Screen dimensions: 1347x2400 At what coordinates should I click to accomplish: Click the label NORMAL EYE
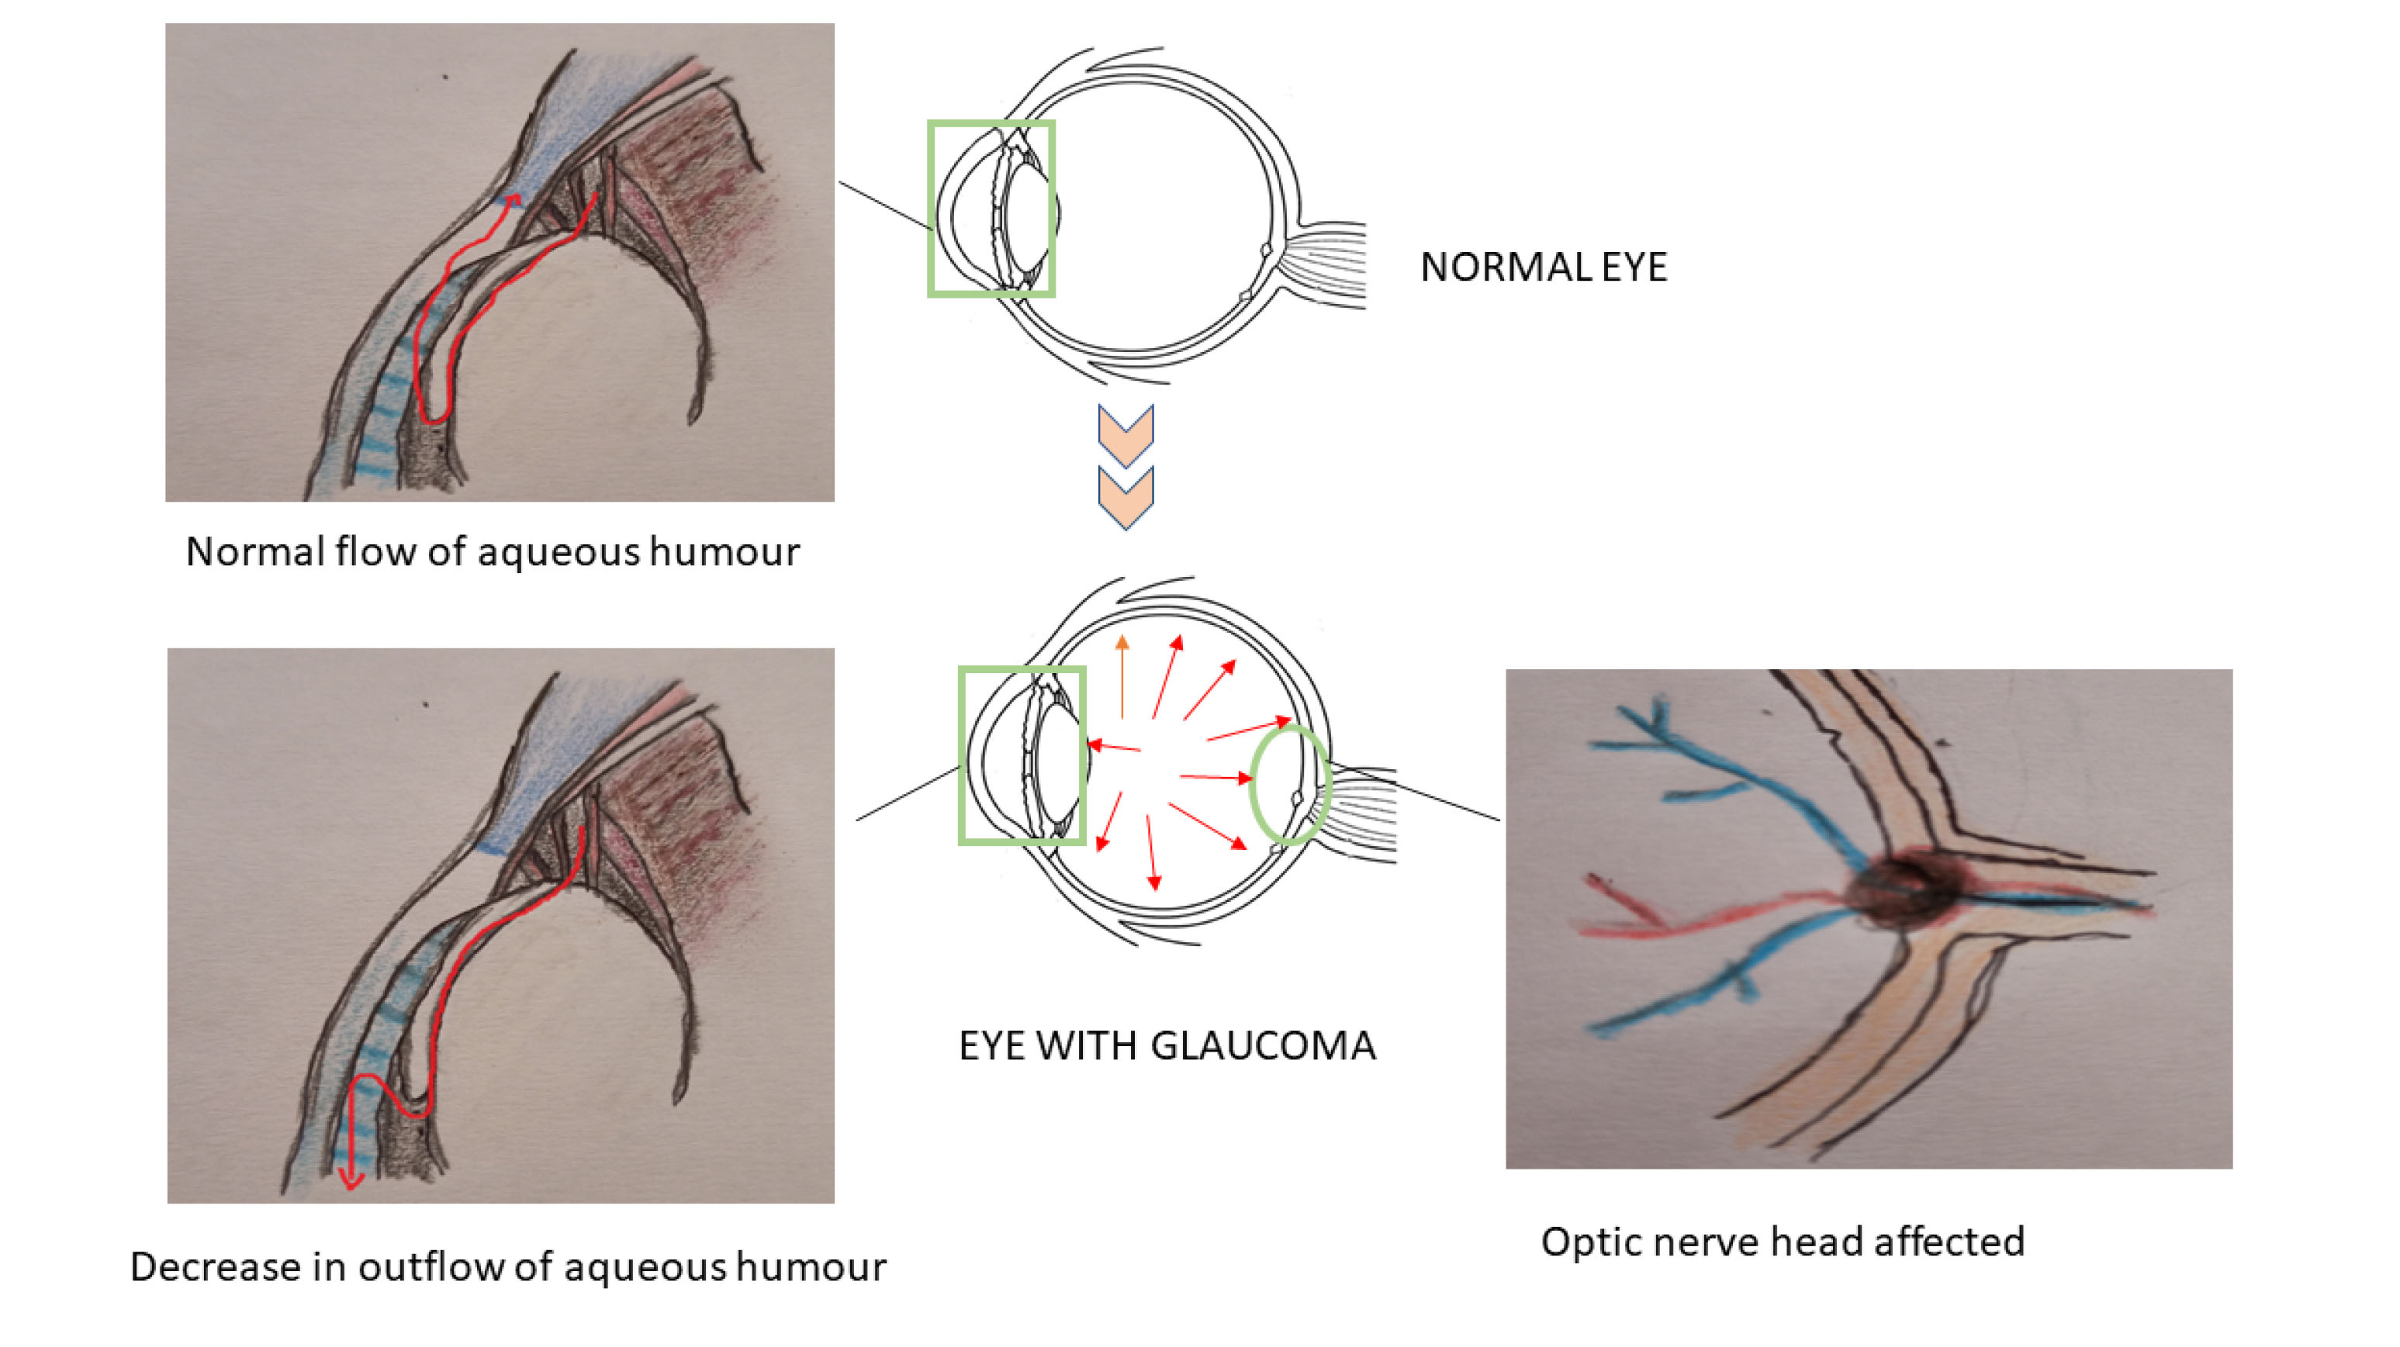1543,268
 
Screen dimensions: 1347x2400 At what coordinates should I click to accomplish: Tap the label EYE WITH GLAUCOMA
1167,1045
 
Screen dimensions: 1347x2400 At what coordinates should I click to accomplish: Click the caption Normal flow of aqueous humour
492,551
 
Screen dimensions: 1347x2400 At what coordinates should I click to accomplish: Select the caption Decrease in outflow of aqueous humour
508,1267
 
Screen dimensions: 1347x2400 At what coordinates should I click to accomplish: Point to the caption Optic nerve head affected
1783,1242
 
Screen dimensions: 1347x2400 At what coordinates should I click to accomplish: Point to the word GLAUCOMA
1264,1045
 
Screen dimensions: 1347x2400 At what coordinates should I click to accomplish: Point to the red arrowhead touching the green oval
1245,778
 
